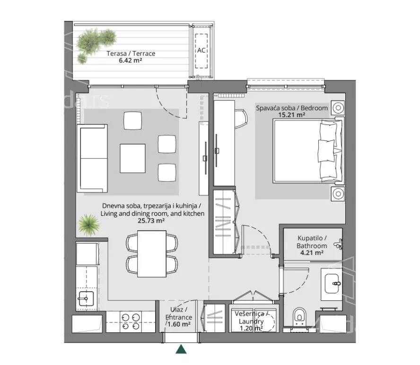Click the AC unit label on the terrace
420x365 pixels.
201,50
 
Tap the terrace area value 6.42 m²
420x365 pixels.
131,60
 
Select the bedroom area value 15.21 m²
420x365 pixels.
292,115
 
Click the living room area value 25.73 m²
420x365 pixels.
151,221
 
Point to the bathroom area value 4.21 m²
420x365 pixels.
312,252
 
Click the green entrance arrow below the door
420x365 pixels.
181,349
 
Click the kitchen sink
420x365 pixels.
86,299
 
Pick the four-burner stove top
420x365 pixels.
131,322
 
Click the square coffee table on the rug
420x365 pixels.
132,158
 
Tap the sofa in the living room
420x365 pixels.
92,158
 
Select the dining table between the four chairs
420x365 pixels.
152,254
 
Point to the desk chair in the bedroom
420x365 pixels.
241,119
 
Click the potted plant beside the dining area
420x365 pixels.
88,225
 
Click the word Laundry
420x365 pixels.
251,321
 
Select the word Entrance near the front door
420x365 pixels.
179,317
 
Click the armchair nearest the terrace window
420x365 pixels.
132,121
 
